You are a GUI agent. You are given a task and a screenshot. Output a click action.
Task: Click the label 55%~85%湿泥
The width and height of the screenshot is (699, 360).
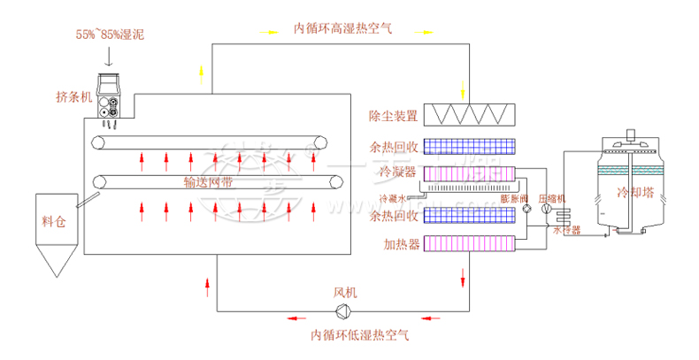110,35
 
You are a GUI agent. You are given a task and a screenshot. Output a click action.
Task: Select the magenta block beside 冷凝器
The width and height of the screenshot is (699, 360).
469,172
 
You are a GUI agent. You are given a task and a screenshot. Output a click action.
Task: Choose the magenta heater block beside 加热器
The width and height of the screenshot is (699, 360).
469,242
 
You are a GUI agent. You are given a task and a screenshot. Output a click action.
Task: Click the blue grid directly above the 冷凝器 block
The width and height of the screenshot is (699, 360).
469,144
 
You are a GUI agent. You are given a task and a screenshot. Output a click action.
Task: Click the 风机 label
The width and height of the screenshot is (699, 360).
343,292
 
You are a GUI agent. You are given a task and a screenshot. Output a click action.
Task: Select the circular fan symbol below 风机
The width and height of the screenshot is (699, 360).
342,310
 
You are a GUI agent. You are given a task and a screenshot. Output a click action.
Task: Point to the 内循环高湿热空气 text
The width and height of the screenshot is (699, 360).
345,28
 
